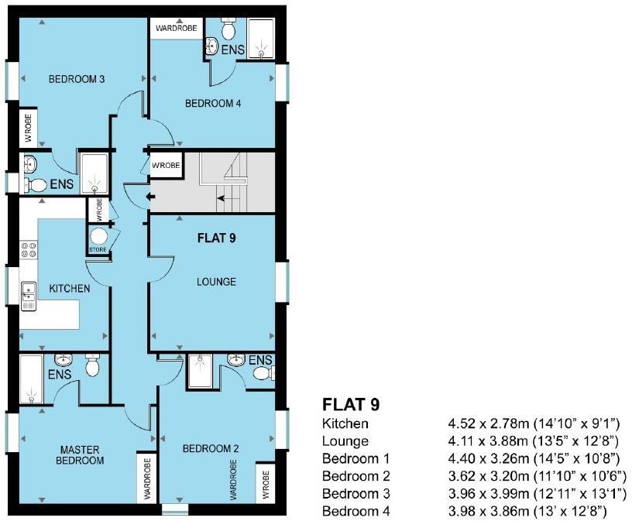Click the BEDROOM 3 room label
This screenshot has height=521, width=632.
[x=77, y=79]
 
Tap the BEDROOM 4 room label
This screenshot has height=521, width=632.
[x=213, y=104]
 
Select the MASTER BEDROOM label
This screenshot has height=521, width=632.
[x=80, y=455]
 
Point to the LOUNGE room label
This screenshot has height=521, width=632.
[x=216, y=282]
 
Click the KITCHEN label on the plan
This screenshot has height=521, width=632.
[x=70, y=289]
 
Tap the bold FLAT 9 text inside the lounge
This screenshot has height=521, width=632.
[x=216, y=238]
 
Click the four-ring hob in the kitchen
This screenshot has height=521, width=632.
[x=29, y=249]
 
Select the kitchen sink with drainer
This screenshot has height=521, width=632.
[x=28, y=296]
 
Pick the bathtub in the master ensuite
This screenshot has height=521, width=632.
[x=32, y=379]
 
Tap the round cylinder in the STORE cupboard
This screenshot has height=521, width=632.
[x=98, y=237]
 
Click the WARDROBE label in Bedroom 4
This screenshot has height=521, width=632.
[x=176, y=28]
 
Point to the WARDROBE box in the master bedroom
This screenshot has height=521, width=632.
[x=146, y=478]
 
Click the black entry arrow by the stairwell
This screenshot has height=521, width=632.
[x=151, y=197]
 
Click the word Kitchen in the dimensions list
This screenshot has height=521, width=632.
[x=345, y=423]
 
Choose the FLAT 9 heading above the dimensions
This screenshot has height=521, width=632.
[x=351, y=405]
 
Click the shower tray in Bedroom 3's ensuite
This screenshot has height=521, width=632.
[x=94, y=173]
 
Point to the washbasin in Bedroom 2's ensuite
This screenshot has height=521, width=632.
[x=236, y=359]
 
